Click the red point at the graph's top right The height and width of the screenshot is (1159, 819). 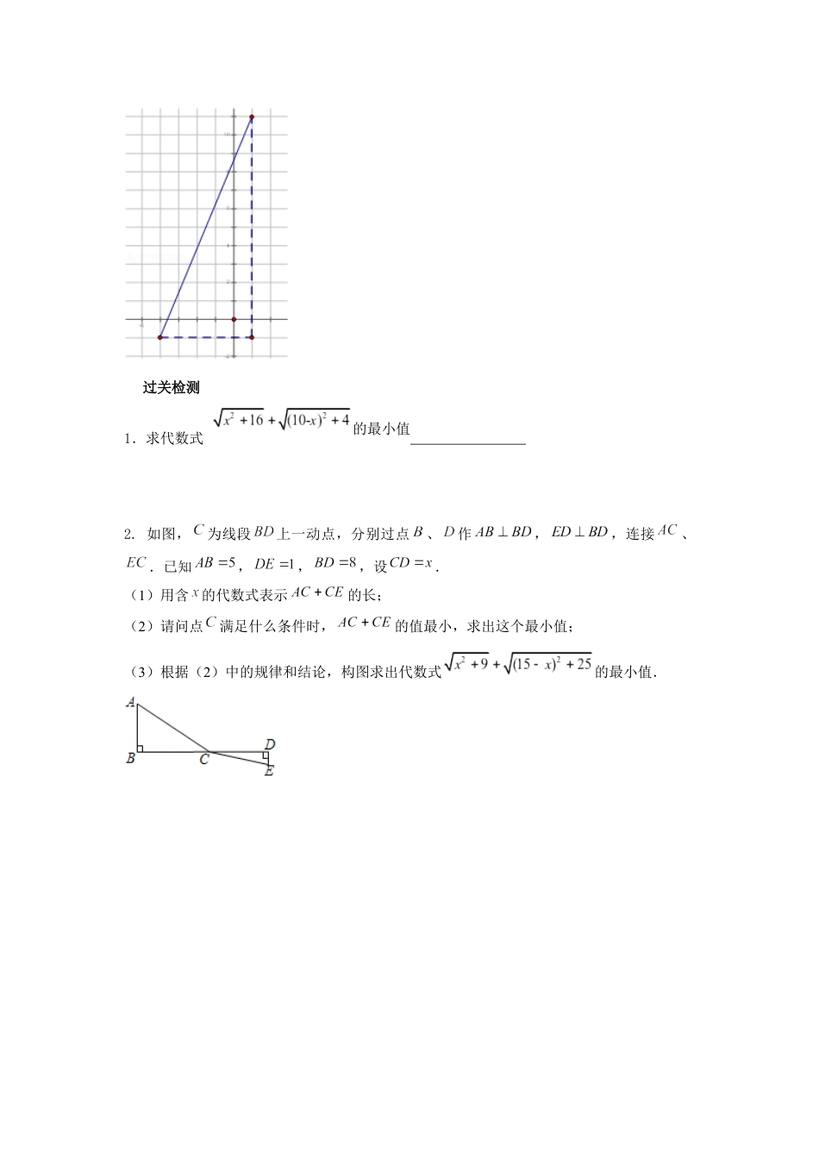pos(252,116)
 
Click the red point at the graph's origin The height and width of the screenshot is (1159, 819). pos(234,319)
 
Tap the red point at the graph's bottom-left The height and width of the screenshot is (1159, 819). pos(160,337)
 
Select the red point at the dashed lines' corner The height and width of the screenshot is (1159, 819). pos(252,337)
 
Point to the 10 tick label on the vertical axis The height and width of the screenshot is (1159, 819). pos(226,135)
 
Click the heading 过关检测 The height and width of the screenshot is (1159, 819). pos(171,388)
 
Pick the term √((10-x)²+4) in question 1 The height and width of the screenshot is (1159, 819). pos(315,421)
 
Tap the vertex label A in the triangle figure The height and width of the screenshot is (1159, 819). pos(130,703)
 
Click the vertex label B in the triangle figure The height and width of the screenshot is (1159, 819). pos(130,760)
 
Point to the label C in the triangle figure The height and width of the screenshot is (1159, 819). pos(204,761)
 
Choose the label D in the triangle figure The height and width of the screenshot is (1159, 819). pos(270,743)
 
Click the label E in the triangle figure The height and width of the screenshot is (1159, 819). pos(269,770)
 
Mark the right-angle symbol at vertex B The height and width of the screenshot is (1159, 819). pos(141,748)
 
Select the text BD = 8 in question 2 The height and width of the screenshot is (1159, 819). pos(335,564)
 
